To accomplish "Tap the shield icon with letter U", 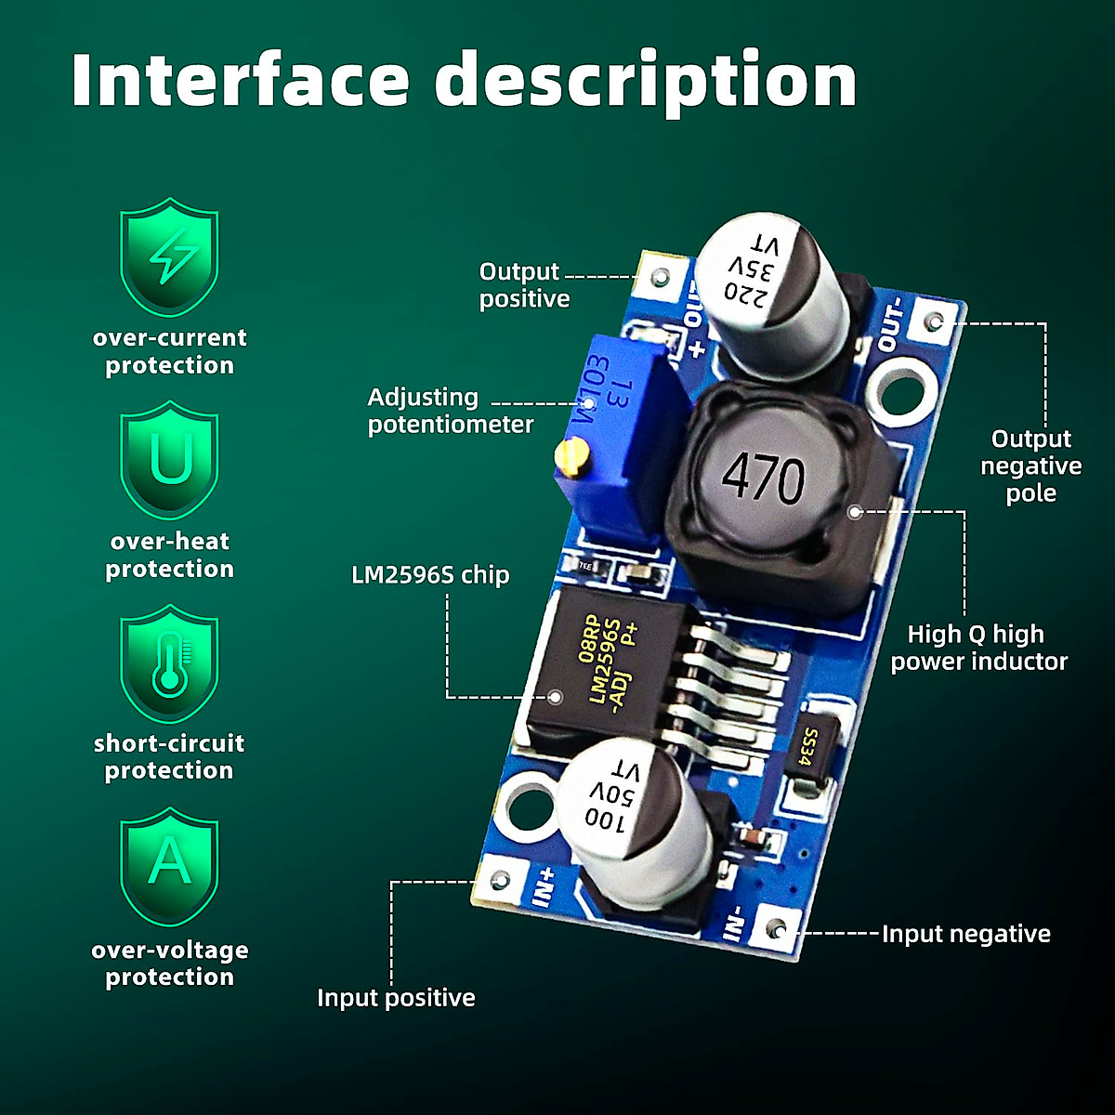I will (x=170, y=460).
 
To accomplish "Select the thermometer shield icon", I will (x=170, y=663).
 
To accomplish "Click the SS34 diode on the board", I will (x=811, y=749).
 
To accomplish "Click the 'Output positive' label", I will (x=522, y=285).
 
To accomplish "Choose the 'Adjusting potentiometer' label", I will (x=450, y=411).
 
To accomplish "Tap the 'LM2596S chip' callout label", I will (x=430, y=575).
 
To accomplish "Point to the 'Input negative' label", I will (x=965, y=934).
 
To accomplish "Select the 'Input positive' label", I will (x=396, y=998).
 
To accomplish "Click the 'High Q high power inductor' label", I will (x=977, y=648).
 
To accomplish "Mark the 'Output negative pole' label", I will (x=1030, y=466).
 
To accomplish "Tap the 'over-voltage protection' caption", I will (x=170, y=964).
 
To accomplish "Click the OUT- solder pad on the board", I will (x=935, y=322).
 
